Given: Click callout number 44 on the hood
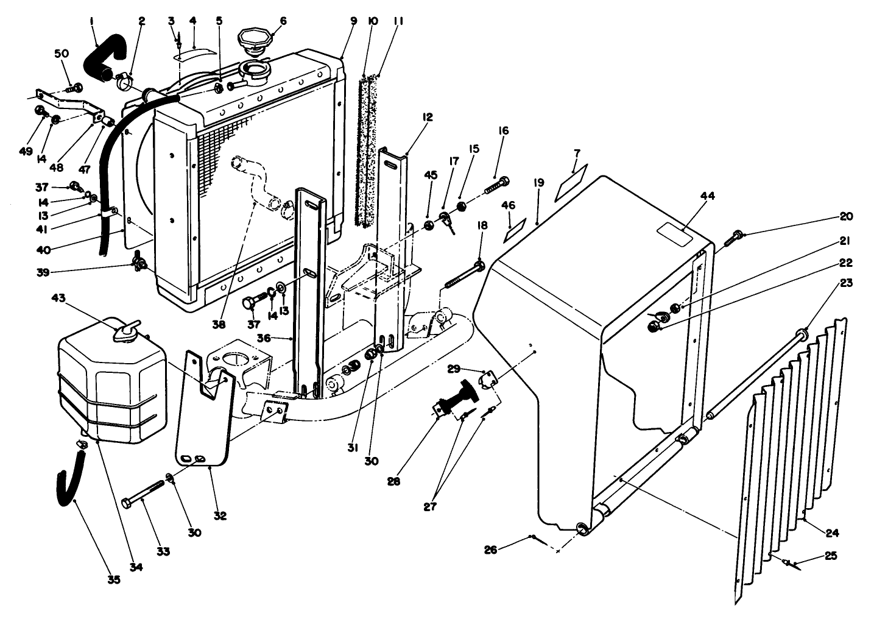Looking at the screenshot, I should (x=690, y=196).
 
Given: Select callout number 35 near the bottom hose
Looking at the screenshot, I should (x=113, y=579).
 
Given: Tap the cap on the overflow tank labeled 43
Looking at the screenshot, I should (x=127, y=332).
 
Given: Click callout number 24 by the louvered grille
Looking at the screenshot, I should (x=832, y=532).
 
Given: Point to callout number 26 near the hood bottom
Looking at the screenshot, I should (x=490, y=550).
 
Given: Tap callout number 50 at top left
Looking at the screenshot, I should (x=62, y=54).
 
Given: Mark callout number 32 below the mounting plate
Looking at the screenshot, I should (x=220, y=515).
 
